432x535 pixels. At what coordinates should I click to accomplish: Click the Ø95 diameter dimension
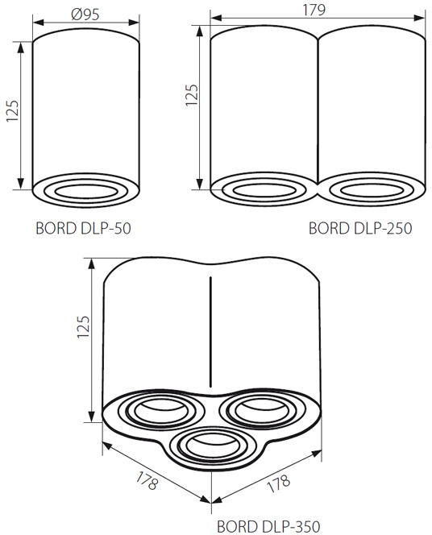click(x=85, y=15)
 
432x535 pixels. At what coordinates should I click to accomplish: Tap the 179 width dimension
click(x=314, y=10)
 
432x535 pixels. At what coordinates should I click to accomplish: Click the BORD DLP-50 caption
click(x=83, y=228)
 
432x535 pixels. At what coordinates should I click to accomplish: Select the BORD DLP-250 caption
click(x=360, y=228)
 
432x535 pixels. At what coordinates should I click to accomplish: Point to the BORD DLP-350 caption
click(x=268, y=526)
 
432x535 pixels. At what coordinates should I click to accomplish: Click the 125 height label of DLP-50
click(x=12, y=111)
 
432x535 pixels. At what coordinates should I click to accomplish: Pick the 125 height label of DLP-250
click(x=192, y=95)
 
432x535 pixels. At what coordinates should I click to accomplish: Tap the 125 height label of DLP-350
click(x=83, y=327)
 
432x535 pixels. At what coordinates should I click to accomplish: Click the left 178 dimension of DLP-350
click(x=147, y=480)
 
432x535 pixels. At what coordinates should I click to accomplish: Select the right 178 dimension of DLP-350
click(x=278, y=483)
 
